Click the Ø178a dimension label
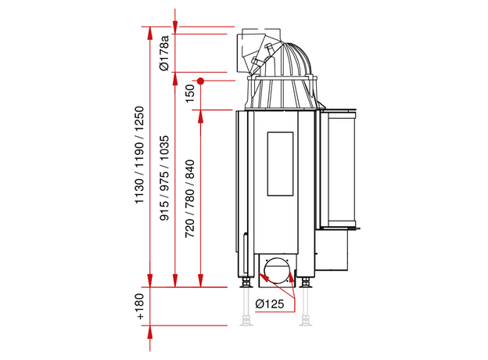click(165, 53)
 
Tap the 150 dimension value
click(189, 93)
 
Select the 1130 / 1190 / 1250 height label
click(139, 155)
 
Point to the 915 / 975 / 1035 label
click(164, 178)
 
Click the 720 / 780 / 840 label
click(189, 199)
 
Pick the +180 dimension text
click(140, 307)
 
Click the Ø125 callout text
click(270, 304)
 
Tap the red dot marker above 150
click(201, 81)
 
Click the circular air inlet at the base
click(277, 270)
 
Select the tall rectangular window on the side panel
click(280, 164)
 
